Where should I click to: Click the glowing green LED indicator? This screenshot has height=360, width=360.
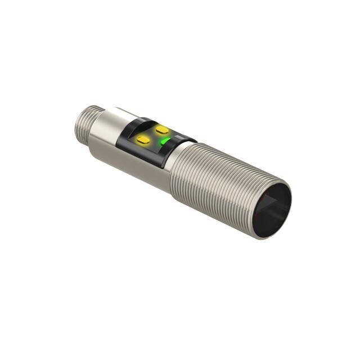[163, 142]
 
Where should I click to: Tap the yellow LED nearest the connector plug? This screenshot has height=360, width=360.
[143, 138]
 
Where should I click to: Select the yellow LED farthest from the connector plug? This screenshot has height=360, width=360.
[163, 130]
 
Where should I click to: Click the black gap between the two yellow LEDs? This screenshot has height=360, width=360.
[153, 134]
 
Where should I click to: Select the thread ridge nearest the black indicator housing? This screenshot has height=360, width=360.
[180, 160]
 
